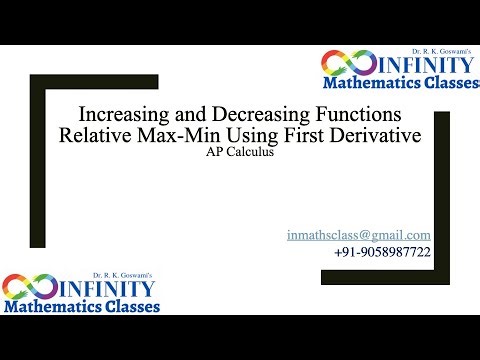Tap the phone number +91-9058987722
[x=383, y=253]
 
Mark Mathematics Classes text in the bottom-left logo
[x=81, y=307]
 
